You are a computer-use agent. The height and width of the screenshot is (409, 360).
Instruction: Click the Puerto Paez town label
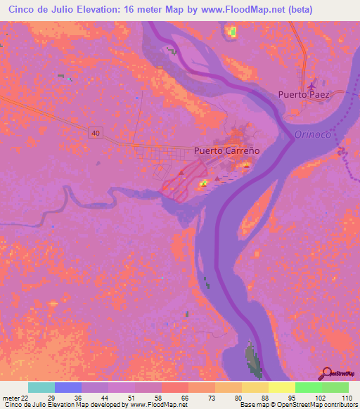pyautogui.click(x=303, y=94)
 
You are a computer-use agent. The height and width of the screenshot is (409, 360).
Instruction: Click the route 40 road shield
pyautogui.click(x=96, y=133)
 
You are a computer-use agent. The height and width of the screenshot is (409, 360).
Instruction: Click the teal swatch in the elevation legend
pyautogui.click(x=41, y=387)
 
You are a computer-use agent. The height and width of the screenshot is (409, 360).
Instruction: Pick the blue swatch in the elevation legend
pyautogui.click(x=67, y=387)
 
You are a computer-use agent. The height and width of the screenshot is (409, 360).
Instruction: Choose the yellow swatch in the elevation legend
pyautogui.click(x=281, y=387)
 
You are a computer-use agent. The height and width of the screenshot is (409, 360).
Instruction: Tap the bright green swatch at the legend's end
pyautogui.click(x=335, y=387)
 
